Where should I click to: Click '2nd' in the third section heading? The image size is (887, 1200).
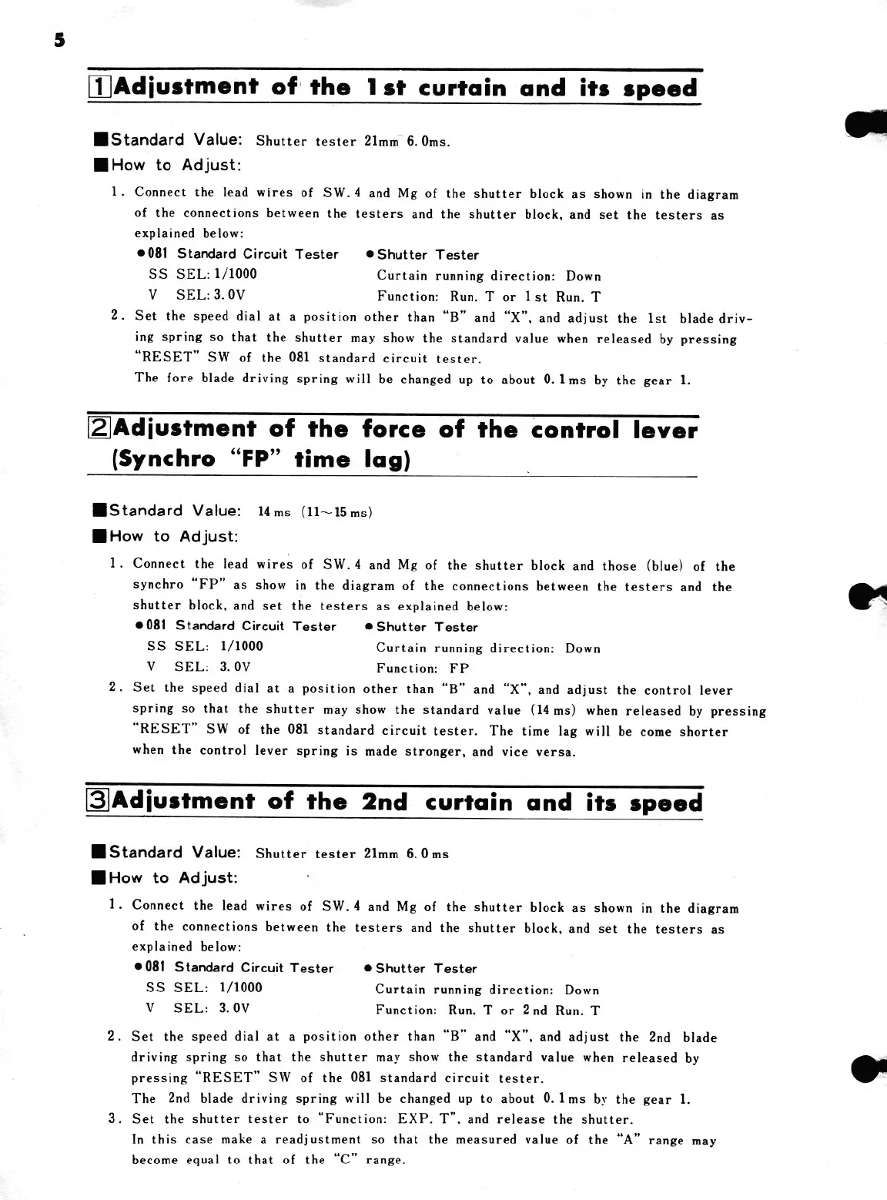coord(384,802)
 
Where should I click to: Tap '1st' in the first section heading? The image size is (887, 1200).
coord(382,87)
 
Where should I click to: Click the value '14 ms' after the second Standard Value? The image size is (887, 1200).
coord(273,512)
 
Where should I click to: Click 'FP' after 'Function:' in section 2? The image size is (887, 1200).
coord(459,669)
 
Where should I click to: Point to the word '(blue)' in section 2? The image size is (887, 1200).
coord(664,566)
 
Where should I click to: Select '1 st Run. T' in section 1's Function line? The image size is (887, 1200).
coord(562,297)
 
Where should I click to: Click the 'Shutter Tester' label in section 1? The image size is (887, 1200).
coord(427,255)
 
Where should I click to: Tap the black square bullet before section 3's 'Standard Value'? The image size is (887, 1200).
coord(98,852)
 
